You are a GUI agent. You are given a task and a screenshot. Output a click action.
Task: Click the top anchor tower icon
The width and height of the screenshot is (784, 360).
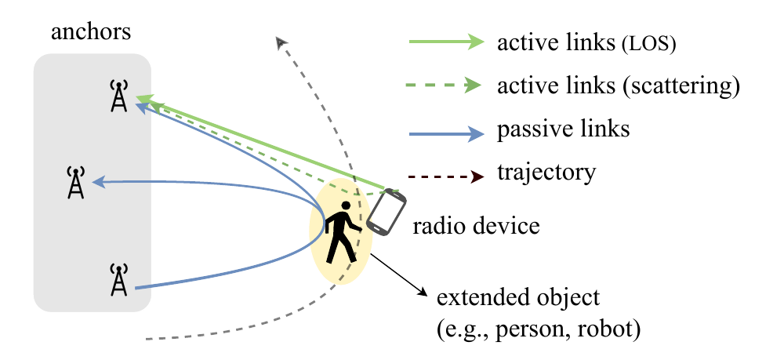coord(118,96)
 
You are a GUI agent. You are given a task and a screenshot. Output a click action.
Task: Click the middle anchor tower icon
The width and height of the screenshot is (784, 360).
coord(75,183)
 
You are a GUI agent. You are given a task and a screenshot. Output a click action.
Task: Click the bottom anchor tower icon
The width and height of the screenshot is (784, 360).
coord(118,279)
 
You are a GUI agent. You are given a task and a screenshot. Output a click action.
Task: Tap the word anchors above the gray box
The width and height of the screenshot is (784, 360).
coord(91,32)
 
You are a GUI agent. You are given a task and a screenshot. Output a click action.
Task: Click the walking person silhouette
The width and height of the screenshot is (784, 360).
coord(343,232)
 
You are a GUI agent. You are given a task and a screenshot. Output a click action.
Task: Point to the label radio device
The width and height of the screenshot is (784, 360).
coord(476,226)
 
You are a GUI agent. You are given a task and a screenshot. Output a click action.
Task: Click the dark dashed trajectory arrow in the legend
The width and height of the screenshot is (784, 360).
coord(447,176)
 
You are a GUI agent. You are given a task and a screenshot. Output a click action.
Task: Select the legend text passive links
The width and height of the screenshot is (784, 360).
coord(563,129)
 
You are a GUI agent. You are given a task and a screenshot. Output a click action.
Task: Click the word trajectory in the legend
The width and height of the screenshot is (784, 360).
coord(546,173)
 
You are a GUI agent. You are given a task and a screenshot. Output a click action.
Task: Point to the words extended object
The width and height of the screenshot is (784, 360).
coord(517,299)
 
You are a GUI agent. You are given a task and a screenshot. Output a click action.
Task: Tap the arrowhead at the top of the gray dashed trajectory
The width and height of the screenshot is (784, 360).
coord(281,42)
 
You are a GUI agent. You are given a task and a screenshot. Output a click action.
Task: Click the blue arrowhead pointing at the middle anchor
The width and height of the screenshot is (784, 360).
coord(99,183)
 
